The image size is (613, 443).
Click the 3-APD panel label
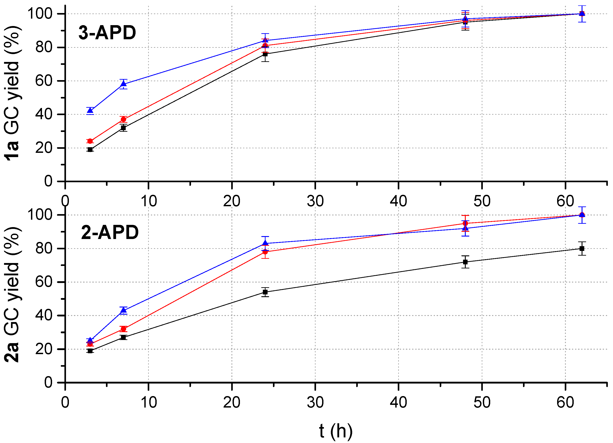point(107,33)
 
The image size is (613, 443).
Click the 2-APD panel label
point(110,232)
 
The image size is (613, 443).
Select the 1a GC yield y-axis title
point(12,93)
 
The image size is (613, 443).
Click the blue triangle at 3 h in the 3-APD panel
point(90,110)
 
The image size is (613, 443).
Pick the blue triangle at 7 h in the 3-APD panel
point(123,84)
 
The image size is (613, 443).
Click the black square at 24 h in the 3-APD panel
point(265,54)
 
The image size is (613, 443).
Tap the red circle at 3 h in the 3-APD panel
point(90,141)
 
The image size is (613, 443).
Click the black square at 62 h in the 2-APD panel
point(582,248)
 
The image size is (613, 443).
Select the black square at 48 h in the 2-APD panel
point(465,262)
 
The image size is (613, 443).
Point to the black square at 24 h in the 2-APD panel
point(265,292)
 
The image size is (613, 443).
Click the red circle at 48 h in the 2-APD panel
point(465,223)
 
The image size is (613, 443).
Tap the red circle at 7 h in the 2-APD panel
point(123,329)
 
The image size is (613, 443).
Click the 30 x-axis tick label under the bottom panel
point(315,402)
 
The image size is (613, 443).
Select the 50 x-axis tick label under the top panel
point(482,201)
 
